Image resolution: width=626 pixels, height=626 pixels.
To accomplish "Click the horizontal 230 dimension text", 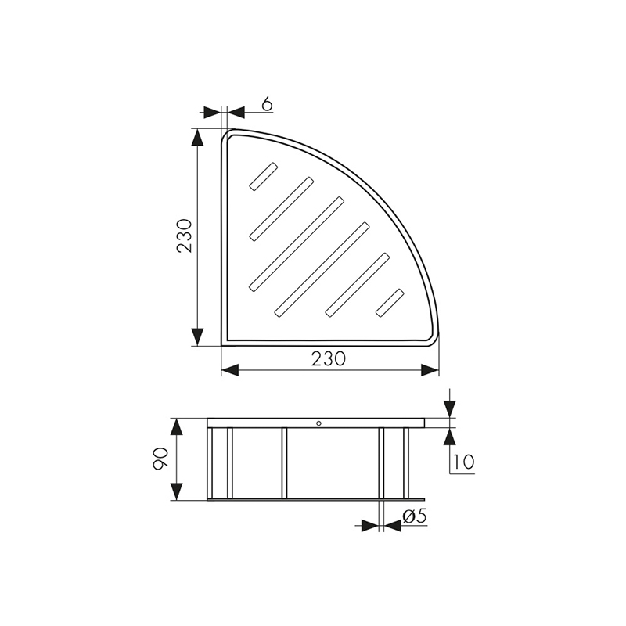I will coord(329,358).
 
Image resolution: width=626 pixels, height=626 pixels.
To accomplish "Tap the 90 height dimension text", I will coord(160,459).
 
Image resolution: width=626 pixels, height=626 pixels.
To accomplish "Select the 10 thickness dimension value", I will coord(463,462).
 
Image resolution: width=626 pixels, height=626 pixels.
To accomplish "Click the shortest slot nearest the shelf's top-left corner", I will coord(264,176).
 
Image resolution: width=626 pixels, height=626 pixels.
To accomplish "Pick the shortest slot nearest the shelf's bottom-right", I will coord(390,303).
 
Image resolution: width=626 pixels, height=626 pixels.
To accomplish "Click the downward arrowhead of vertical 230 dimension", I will coord(199,336).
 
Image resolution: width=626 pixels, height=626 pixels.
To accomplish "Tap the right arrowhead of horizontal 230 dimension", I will coord(430,370).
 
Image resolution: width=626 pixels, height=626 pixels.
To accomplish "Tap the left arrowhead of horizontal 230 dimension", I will coord(230,370).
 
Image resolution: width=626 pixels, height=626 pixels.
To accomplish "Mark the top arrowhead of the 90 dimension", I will coord(178,427).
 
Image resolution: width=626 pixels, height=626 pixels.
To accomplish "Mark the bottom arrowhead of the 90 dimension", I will coord(178,491).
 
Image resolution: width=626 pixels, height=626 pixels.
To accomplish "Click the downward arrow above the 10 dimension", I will coord(450,408).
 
